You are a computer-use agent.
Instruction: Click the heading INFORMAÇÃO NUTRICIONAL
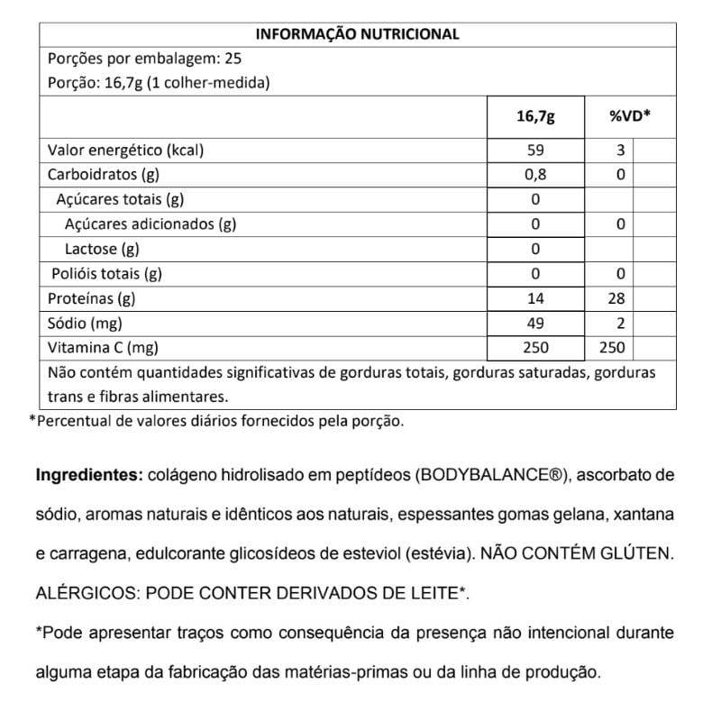click(x=358, y=34)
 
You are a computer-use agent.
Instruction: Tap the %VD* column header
click(x=630, y=117)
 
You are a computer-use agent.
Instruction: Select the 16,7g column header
click(x=535, y=117)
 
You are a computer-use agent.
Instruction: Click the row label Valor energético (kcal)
click(x=125, y=151)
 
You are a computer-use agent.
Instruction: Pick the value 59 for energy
click(x=535, y=151)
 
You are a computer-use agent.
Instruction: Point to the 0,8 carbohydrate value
click(x=535, y=175)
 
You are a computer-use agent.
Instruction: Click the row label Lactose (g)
click(x=102, y=249)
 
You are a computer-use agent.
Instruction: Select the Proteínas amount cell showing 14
click(x=535, y=298)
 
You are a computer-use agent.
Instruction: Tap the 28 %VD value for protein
click(x=616, y=298)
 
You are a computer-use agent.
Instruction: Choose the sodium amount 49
click(x=535, y=323)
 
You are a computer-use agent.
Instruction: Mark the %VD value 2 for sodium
click(x=620, y=323)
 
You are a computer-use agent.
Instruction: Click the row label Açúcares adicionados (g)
click(x=151, y=224)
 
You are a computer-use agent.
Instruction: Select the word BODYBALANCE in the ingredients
click(x=487, y=475)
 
